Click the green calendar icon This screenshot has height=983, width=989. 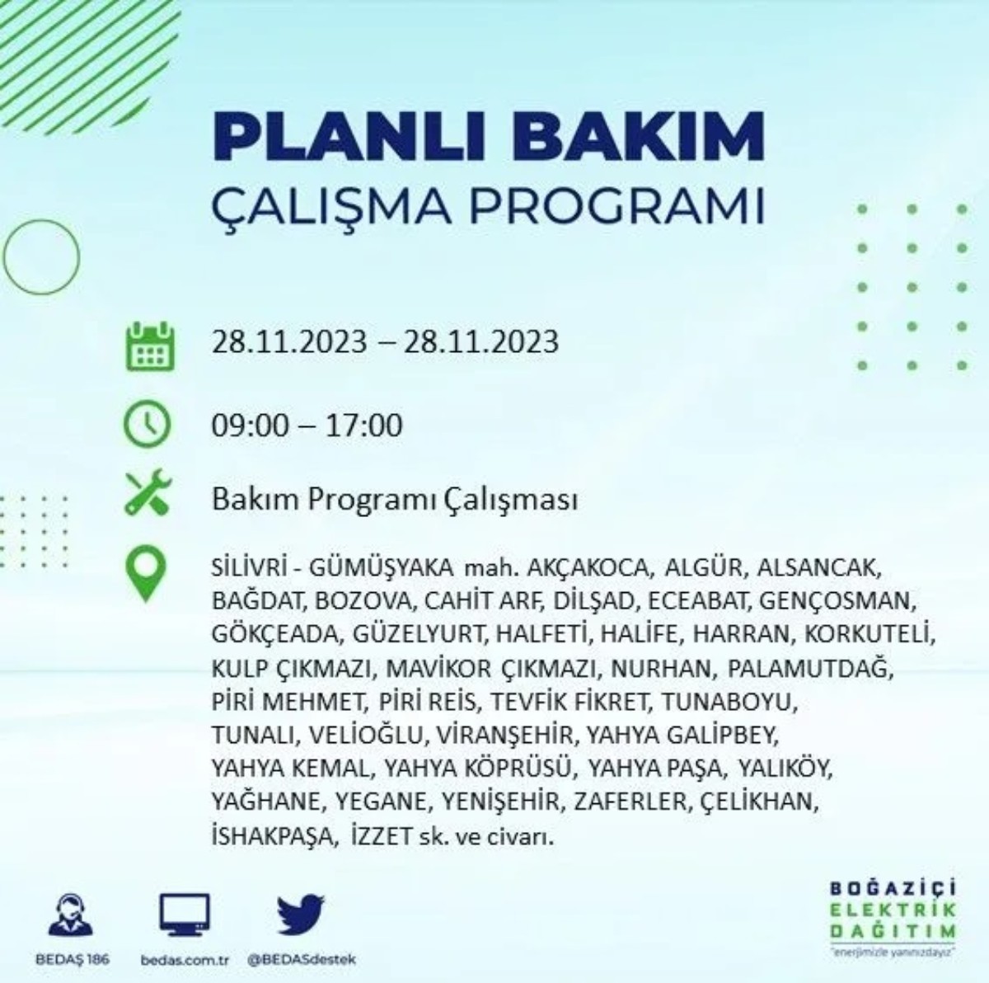coord(149,346)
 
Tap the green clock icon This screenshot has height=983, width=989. coord(147,424)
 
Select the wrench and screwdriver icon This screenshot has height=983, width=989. coord(148,493)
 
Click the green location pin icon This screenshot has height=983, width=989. coord(146,573)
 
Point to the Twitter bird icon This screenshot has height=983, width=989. coord(301,915)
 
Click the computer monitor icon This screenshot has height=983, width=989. coord(184,916)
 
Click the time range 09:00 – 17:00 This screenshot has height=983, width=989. coord(307,426)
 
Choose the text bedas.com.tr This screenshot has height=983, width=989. coord(184,960)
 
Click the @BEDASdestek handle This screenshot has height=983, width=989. coord(302,960)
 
